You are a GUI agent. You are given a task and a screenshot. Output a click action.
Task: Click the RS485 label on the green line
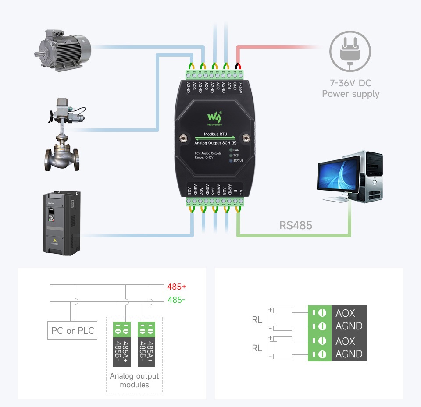(x=296, y=225)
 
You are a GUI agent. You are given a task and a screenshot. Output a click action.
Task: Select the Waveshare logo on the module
(x=214, y=119)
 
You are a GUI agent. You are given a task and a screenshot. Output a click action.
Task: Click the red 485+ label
(x=176, y=287)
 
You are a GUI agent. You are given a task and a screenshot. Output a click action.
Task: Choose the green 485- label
(x=176, y=301)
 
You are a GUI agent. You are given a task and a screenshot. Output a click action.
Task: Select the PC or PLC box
(x=72, y=330)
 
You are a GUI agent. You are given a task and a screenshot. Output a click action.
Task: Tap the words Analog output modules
(x=135, y=380)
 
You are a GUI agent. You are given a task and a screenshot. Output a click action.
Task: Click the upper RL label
(x=257, y=320)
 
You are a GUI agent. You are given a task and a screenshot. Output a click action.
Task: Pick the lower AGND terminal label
(x=349, y=354)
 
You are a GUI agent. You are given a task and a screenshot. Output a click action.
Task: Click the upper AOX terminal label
(x=345, y=313)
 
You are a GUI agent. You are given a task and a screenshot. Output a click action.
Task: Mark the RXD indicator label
(x=236, y=150)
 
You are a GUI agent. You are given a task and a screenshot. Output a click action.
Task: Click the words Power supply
(x=350, y=94)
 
